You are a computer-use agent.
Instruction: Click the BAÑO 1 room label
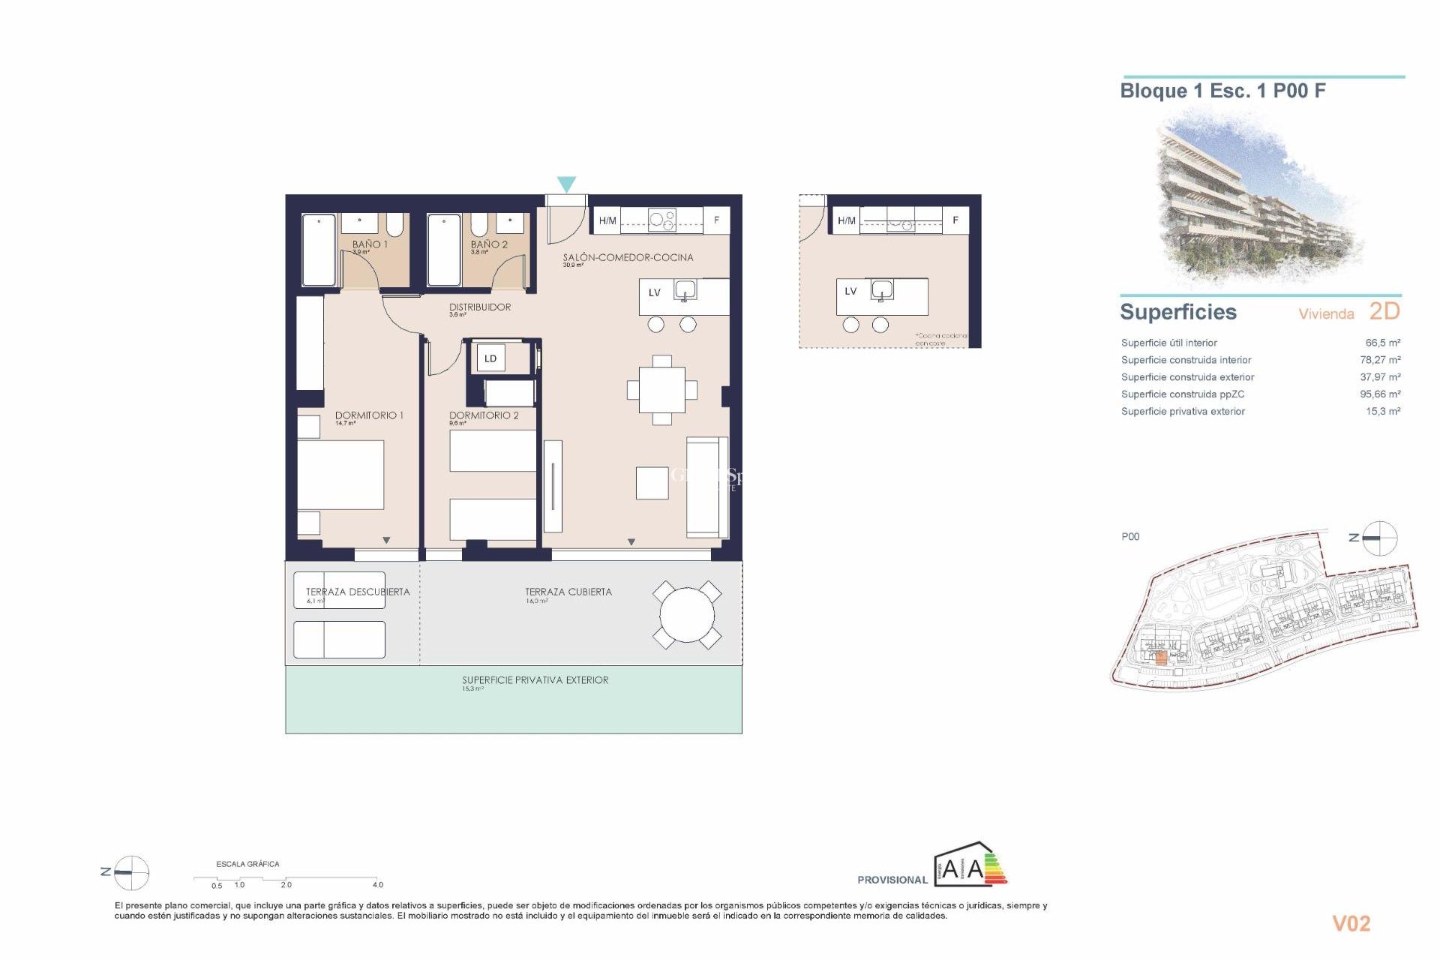(x=370, y=244)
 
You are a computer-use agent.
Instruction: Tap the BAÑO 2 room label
(x=489, y=244)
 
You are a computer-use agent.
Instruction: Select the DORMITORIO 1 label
(x=369, y=415)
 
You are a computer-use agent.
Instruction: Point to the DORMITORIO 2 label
(x=484, y=415)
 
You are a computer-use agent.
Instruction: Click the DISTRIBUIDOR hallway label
(x=480, y=307)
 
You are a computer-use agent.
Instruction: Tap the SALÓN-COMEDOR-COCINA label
(x=628, y=257)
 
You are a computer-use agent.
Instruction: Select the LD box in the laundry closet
(x=490, y=358)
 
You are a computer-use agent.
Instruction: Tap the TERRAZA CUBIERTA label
(x=568, y=592)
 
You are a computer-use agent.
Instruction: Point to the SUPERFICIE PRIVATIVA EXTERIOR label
(x=535, y=680)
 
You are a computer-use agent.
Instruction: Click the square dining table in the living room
(x=661, y=390)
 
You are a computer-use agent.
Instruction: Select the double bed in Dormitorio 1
(x=340, y=475)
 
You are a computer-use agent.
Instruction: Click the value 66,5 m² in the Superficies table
(x=1382, y=343)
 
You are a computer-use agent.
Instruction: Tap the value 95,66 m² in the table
(x=1379, y=394)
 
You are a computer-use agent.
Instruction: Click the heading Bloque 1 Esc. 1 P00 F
(x=1222, y=91)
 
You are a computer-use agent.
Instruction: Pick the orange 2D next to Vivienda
(x=1384, y=311)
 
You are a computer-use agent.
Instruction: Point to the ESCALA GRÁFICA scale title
(x=247, y=864)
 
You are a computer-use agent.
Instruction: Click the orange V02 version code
(x=1351, y=923)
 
